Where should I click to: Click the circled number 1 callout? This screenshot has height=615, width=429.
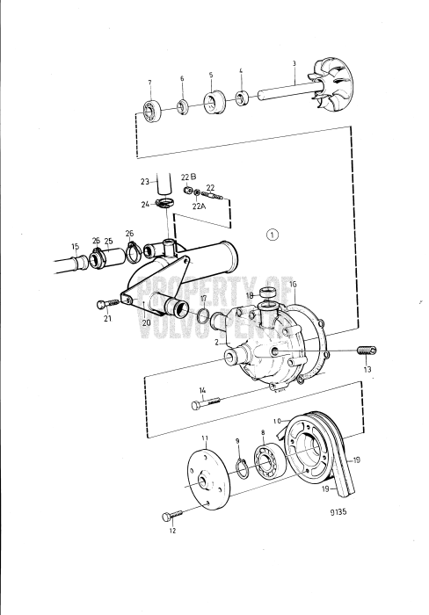pyautogui.click(x=273, y=235)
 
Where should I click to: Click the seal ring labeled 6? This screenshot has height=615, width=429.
pyautogui.click(x=182, y=107)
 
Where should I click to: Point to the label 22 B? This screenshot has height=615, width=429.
pyautogui.click(x=186, y=177)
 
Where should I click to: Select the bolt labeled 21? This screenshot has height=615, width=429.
pyautogui.click(x=105, y=305)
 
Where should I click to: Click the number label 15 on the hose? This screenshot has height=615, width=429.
pyautogui.click(x=75, y=246)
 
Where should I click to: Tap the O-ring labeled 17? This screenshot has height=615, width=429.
pyautogui.click(x=202, y=315)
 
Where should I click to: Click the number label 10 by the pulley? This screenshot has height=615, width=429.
pyautogui.click(x=276, y=421)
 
